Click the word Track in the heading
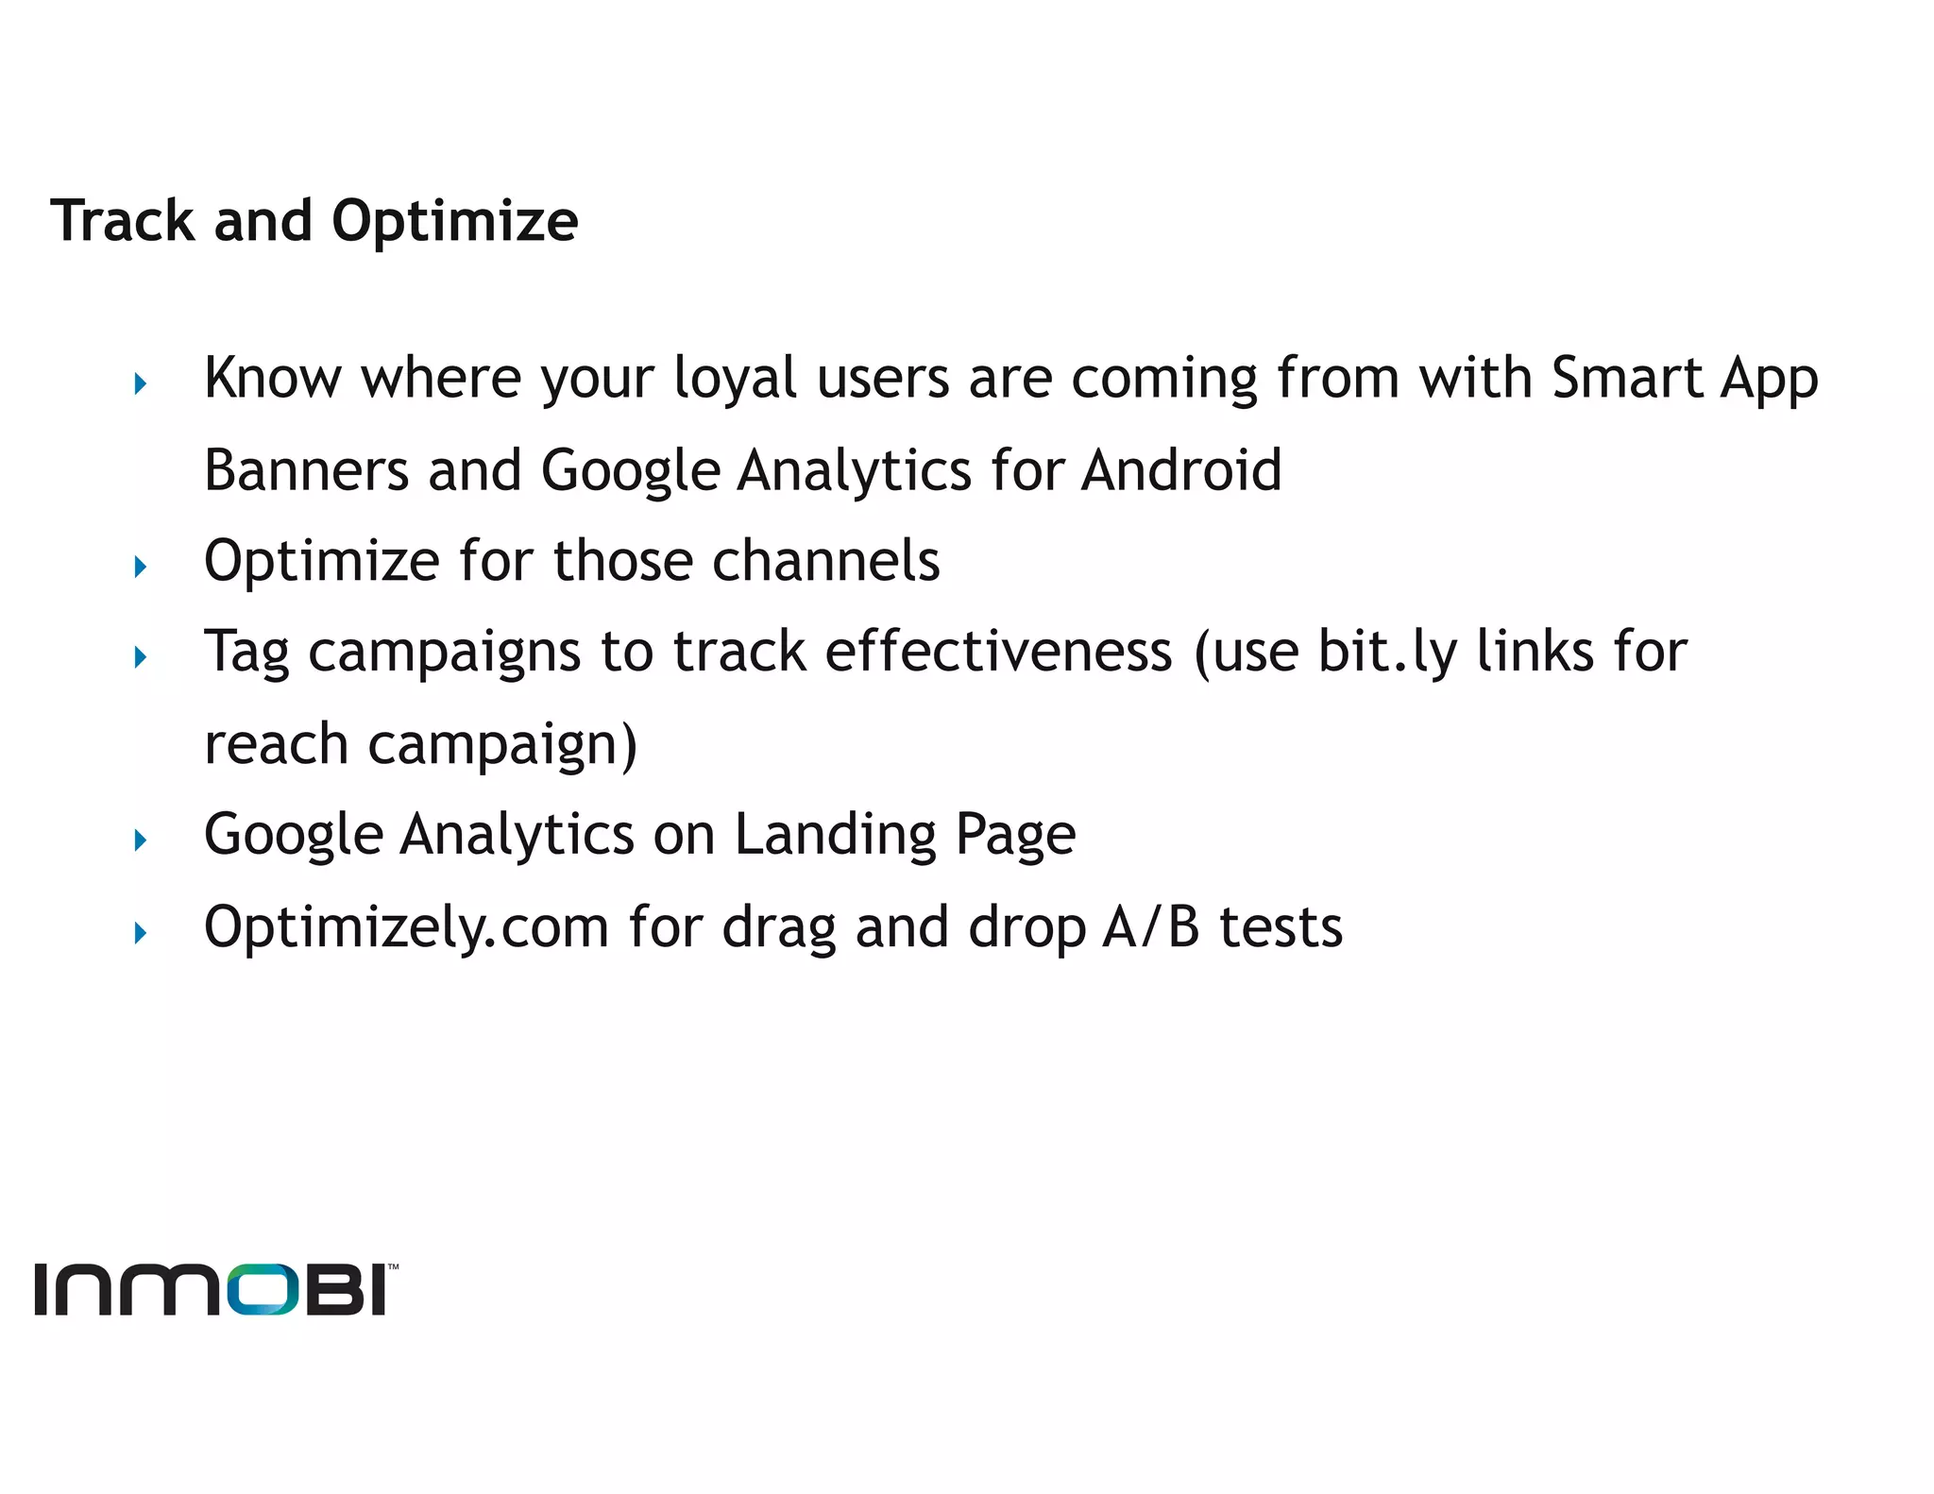[123, 221]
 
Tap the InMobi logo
[215, 1289]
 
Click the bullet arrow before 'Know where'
[141, 384]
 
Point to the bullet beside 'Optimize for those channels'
[141, 567]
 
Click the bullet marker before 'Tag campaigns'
[141, 657]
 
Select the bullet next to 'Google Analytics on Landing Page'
[141, 840]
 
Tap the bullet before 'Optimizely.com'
[141, 933]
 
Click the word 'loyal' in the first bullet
[736, 380]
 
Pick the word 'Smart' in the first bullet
[1625, 378]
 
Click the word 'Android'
[1181, 469]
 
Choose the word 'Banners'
[306, 469]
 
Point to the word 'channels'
[826, 560]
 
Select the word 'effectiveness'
[998, 652]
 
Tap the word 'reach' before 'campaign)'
[276, 744]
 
